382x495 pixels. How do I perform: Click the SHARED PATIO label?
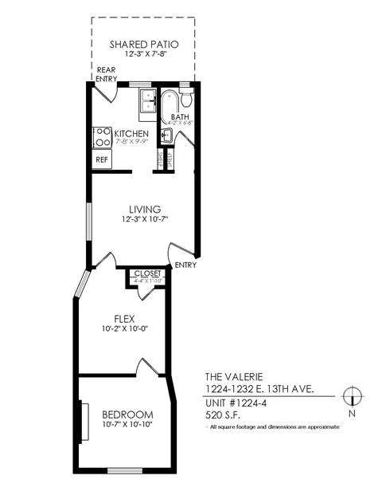point(143,45)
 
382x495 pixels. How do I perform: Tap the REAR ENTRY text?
point(107,74)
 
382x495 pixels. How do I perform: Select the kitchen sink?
point(147,102)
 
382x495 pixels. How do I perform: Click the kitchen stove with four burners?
point(102,137)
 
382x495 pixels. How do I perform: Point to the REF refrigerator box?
point(102,159)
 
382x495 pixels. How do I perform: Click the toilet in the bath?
point(186,98)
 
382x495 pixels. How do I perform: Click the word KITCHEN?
point(131,133)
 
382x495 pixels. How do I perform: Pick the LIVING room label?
point(146,208)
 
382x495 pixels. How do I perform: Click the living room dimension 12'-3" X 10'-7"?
point(146,218)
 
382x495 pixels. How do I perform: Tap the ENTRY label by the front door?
point(185,265)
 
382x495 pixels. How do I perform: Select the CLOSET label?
point(147,273)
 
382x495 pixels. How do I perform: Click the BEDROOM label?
point(127,414)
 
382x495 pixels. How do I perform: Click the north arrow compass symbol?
point(350,396)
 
